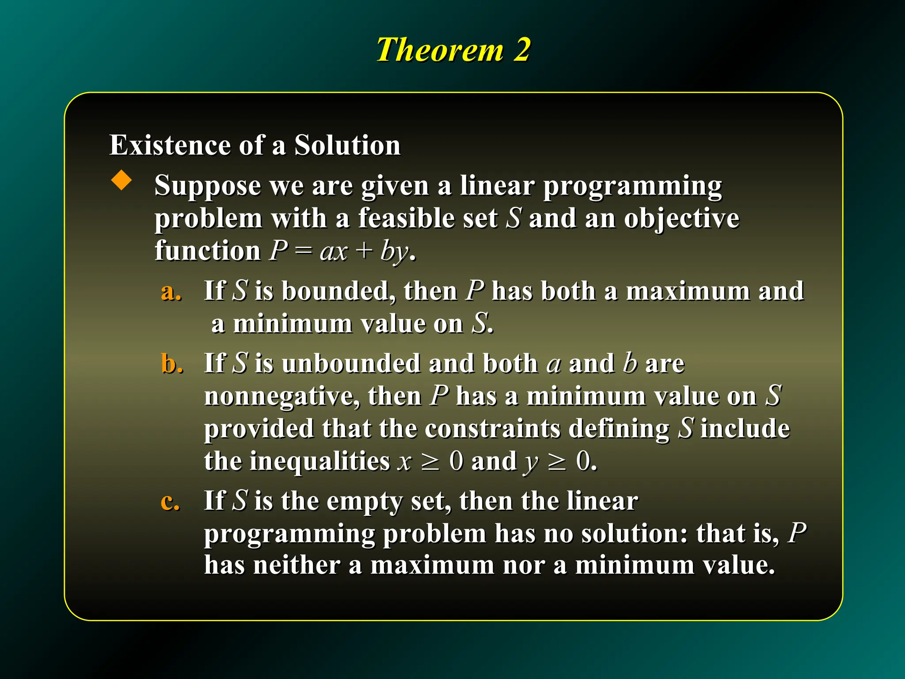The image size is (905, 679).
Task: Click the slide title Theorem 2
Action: (452, 50)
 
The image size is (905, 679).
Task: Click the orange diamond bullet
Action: (122, 181)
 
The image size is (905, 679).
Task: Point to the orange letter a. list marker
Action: (171, 292)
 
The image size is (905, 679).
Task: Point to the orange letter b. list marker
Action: (172, 364)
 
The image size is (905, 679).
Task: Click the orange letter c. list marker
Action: (171, 502)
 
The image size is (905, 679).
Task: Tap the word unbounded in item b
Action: (351, 364)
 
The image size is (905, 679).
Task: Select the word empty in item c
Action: (365, 502)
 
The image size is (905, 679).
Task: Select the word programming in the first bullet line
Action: (632, 186)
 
